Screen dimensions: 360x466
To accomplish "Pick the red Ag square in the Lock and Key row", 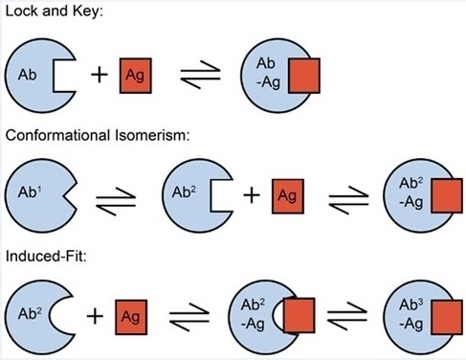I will click(x=137, y=75).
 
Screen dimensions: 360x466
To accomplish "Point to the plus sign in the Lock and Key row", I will click(x=99, y=75).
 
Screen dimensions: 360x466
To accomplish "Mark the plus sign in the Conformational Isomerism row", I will click(x=252, y=195).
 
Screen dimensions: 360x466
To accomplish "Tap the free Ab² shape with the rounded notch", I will click(x=34, y=314).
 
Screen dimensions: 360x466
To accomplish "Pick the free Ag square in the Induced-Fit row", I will click(x=132, y=314).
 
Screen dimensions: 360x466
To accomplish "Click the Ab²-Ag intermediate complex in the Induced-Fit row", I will click(x=268, y=314).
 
